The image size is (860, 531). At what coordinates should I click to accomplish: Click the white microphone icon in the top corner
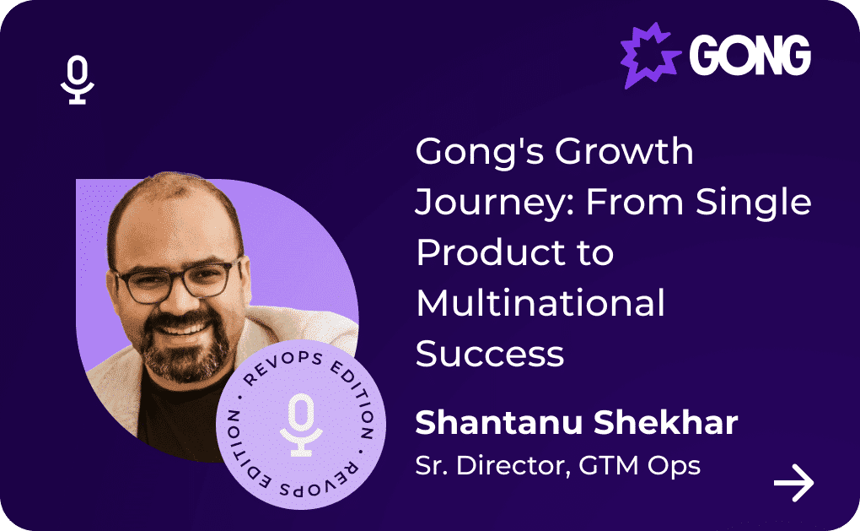78,79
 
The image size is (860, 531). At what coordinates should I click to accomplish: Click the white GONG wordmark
750,55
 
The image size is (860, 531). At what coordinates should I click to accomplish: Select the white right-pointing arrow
793,483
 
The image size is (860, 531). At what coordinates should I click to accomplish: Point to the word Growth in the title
624,152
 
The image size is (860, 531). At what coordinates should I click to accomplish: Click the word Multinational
540,303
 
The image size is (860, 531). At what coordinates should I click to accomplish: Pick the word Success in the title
490,355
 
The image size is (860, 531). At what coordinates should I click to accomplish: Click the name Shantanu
499,422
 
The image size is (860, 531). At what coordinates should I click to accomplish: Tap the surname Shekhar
666,422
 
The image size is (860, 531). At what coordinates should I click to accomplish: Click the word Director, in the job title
513,466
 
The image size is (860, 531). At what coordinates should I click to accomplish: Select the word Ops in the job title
674,467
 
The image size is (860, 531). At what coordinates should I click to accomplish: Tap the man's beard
184,346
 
